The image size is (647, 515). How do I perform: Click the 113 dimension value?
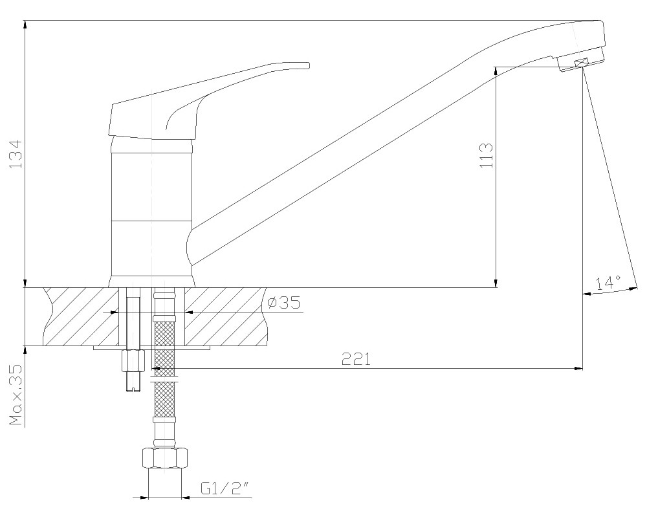coord(487,155)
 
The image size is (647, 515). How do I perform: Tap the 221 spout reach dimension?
coord(356,359)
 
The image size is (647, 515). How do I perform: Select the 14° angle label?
coord(608,283)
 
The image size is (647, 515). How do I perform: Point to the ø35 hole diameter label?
coord(283,303)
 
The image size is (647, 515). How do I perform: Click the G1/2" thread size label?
coord(225,488)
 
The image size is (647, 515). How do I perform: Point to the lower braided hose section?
coord(164,398)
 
